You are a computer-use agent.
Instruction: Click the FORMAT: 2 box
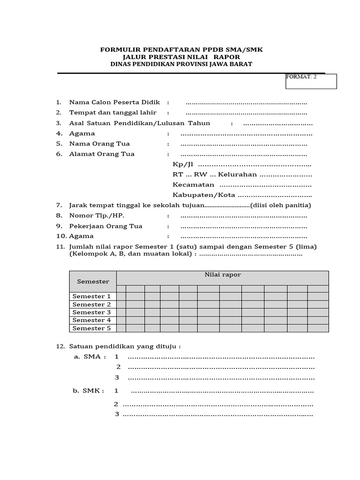click(x=311, y=81)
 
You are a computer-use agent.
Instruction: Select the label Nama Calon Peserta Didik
click(x=114, y=102)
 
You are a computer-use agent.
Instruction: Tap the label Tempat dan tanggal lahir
click(x=112, y=112)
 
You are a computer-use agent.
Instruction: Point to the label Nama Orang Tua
click(x=99, y=143)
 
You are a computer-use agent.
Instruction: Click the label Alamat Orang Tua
click(x=102, y=154)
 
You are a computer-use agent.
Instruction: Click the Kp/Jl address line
click(x=241, y=165)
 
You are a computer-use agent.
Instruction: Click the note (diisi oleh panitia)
click(x=281, y=205)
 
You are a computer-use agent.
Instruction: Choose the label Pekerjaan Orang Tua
click(x=105, y=226)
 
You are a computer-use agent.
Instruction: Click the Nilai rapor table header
click(x=223, y=275)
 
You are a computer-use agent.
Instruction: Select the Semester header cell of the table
click(x=93, y=281)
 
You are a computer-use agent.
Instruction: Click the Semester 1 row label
click(x=92, y=296)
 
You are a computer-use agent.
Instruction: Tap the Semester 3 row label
click(x=92, y=312)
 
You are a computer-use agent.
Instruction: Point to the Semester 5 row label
click(x=92, y=328)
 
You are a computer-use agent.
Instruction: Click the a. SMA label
click(x=90, y=357)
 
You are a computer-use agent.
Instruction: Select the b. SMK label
click(x=89, y=390)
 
